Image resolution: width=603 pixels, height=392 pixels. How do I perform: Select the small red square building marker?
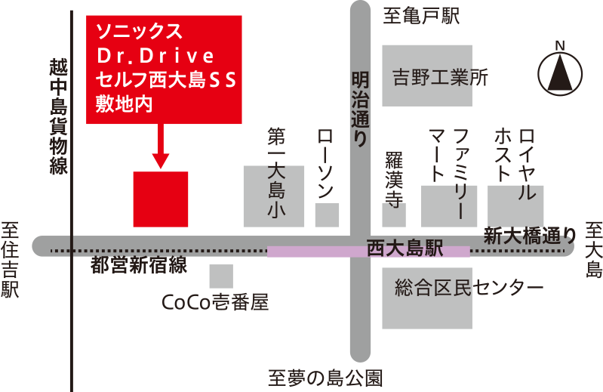click(x=160, y=199)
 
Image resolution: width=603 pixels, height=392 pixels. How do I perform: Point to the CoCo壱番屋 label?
click(x=216, y=303)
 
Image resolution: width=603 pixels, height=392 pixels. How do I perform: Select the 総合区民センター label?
click(x=469, y=289)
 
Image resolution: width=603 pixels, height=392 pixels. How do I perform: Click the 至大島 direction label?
click(x=594, y=250)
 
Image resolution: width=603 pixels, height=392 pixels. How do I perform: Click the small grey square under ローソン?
click(x=327, y=215)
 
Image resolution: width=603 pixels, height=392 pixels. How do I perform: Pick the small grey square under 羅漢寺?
click(x=393, y=215)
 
